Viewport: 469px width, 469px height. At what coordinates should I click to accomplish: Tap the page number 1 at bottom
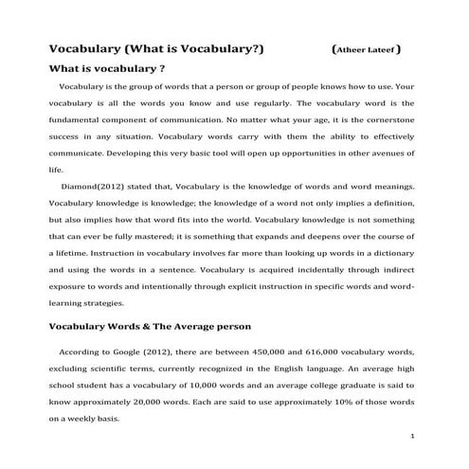click(x=413, y=437)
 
